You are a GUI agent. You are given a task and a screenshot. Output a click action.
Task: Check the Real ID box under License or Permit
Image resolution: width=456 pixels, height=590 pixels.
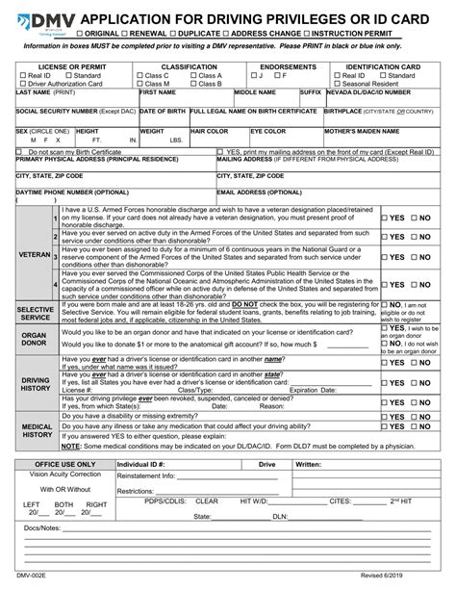(22, 75)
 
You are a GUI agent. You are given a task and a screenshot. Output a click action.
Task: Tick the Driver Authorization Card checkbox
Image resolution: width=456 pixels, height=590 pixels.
(22, 84)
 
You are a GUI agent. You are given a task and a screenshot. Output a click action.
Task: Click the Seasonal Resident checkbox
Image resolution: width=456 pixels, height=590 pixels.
(338, 84)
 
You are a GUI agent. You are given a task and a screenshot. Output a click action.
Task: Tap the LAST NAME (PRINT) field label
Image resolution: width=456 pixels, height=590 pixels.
(45, 92)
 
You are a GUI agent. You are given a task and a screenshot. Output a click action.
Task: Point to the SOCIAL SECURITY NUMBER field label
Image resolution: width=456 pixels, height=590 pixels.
(62, 112)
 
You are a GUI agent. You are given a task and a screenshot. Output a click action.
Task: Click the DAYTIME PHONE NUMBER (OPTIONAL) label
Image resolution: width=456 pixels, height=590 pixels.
(72, 192)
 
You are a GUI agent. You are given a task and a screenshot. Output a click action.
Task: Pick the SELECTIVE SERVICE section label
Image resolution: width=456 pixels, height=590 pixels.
(35, 313)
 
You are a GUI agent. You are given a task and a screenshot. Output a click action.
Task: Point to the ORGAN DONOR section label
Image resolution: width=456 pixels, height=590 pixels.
(35, 339)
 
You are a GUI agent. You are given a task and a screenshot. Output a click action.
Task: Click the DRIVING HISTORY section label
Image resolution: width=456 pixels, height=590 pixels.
(35, 384)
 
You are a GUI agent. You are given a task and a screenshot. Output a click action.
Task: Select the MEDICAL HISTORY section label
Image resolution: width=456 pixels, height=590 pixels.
(36, 429)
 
